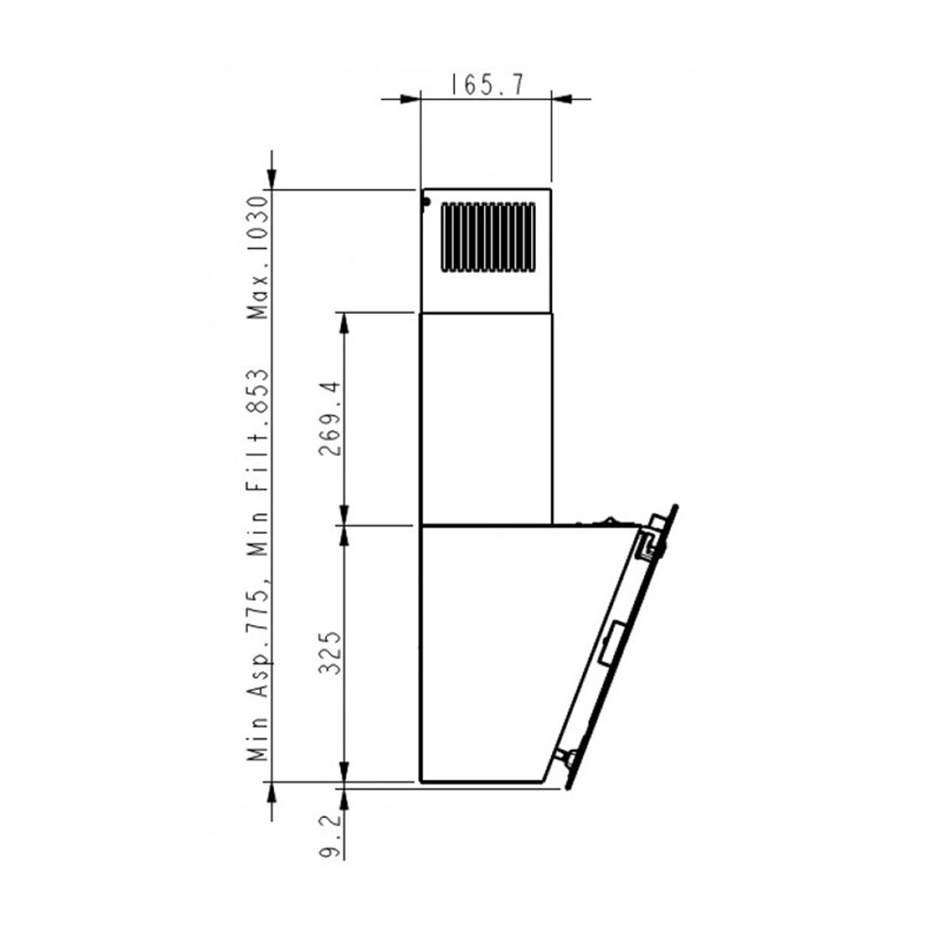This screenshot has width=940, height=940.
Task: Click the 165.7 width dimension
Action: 486,85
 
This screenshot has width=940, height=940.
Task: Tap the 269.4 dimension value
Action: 329,419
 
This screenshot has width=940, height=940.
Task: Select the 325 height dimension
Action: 329,653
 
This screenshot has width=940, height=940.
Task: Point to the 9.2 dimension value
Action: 329,835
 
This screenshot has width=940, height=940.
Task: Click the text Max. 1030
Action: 259,257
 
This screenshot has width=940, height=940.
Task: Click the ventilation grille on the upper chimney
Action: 488,237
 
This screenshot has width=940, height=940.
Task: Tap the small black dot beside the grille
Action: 426,202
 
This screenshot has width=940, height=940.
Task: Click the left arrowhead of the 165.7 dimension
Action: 410,99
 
